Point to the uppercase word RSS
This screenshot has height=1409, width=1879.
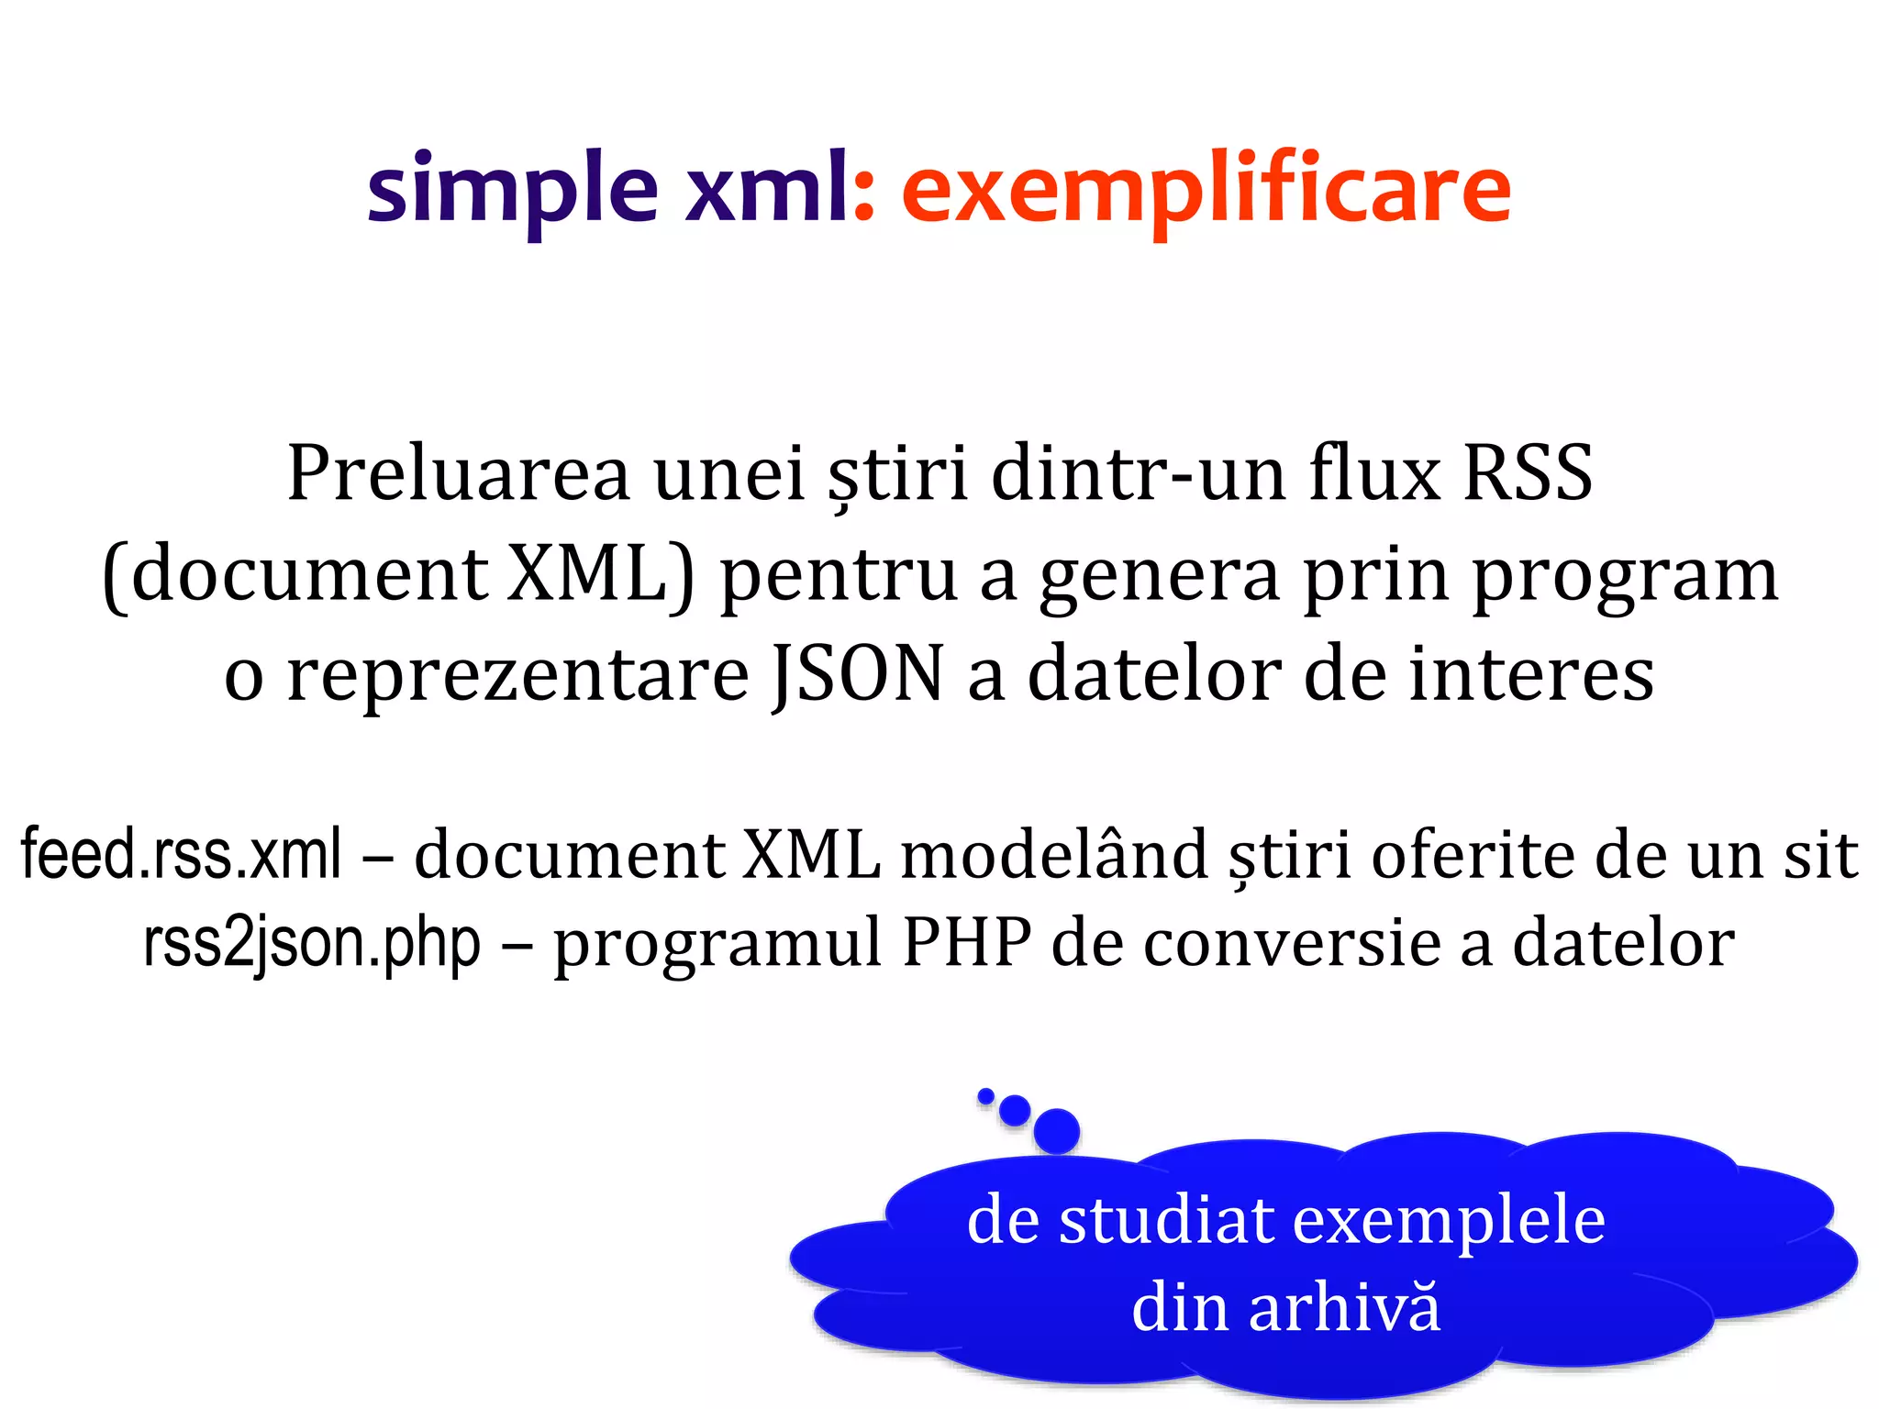pyautogui.click(x=1527, y=473)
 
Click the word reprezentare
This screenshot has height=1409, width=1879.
pyautogui.click(x=518, y=674)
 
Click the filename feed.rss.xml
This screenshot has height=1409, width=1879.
pyautogui.click(x=182, y=854)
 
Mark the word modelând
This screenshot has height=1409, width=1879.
pyautogui.click(x=1054, y=854)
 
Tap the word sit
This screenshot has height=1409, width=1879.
pyautogui.click(x=1820, y=854)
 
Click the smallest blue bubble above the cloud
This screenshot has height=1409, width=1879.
pyautogui.click(x=986, y=1095)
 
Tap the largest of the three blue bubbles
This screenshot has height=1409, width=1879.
pyautogui.click(x=1056, y=1130)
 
